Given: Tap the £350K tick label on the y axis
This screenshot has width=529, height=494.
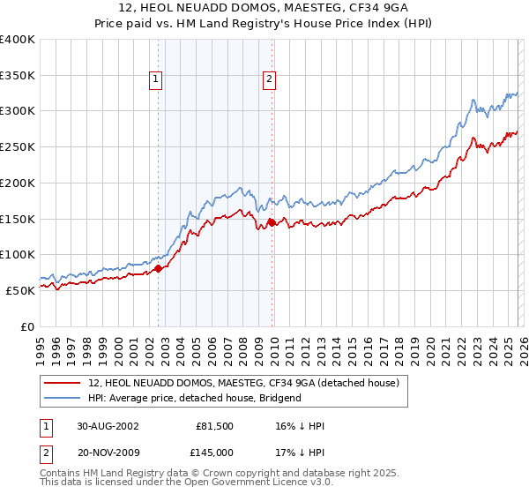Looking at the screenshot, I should tap(18, 76).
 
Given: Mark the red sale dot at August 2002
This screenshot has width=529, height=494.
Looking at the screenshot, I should tap(159, 268).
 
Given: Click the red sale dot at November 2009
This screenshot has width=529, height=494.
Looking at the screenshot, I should tap(272, 222).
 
